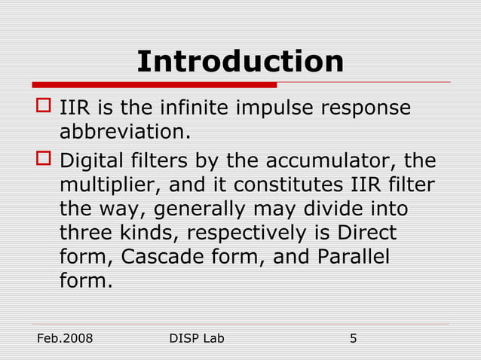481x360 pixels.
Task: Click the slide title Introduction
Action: (x=240, y=61)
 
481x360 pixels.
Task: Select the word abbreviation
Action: (x=124, y=132)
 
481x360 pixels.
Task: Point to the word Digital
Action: (x=90, y=160)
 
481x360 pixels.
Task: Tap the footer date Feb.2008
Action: (x=65, y=338)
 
